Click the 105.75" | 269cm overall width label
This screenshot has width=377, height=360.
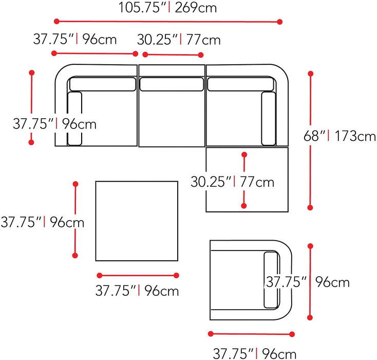click(167, 8)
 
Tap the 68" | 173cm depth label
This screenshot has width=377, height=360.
click(340, 136)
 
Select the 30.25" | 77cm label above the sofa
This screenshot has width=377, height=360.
click(179, 40)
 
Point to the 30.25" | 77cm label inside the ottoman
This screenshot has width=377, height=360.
click(232, 182)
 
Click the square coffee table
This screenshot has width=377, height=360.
click(137, 222)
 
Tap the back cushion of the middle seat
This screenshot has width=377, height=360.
click(172, 83)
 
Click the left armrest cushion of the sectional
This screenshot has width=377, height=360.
click(74, 118)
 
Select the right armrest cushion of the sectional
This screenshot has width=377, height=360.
click(269, 118)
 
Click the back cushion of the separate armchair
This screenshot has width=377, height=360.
click(271, 281)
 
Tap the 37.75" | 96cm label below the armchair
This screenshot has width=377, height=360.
click(254, 353)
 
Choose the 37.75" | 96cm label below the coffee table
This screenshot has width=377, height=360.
click(137, 291)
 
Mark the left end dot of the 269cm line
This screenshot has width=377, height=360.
click(56, 22)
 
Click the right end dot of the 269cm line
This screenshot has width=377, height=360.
click(280, 22)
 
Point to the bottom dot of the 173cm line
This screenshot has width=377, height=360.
click(310, 207)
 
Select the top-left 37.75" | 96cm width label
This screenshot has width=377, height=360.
click(75, 40)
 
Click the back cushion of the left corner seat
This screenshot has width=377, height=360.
click(103, 84)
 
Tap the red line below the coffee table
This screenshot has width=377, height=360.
click(137, 275)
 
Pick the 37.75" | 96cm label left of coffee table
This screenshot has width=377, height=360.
click(42, 222)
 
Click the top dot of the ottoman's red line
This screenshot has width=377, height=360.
click(244, 154)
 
